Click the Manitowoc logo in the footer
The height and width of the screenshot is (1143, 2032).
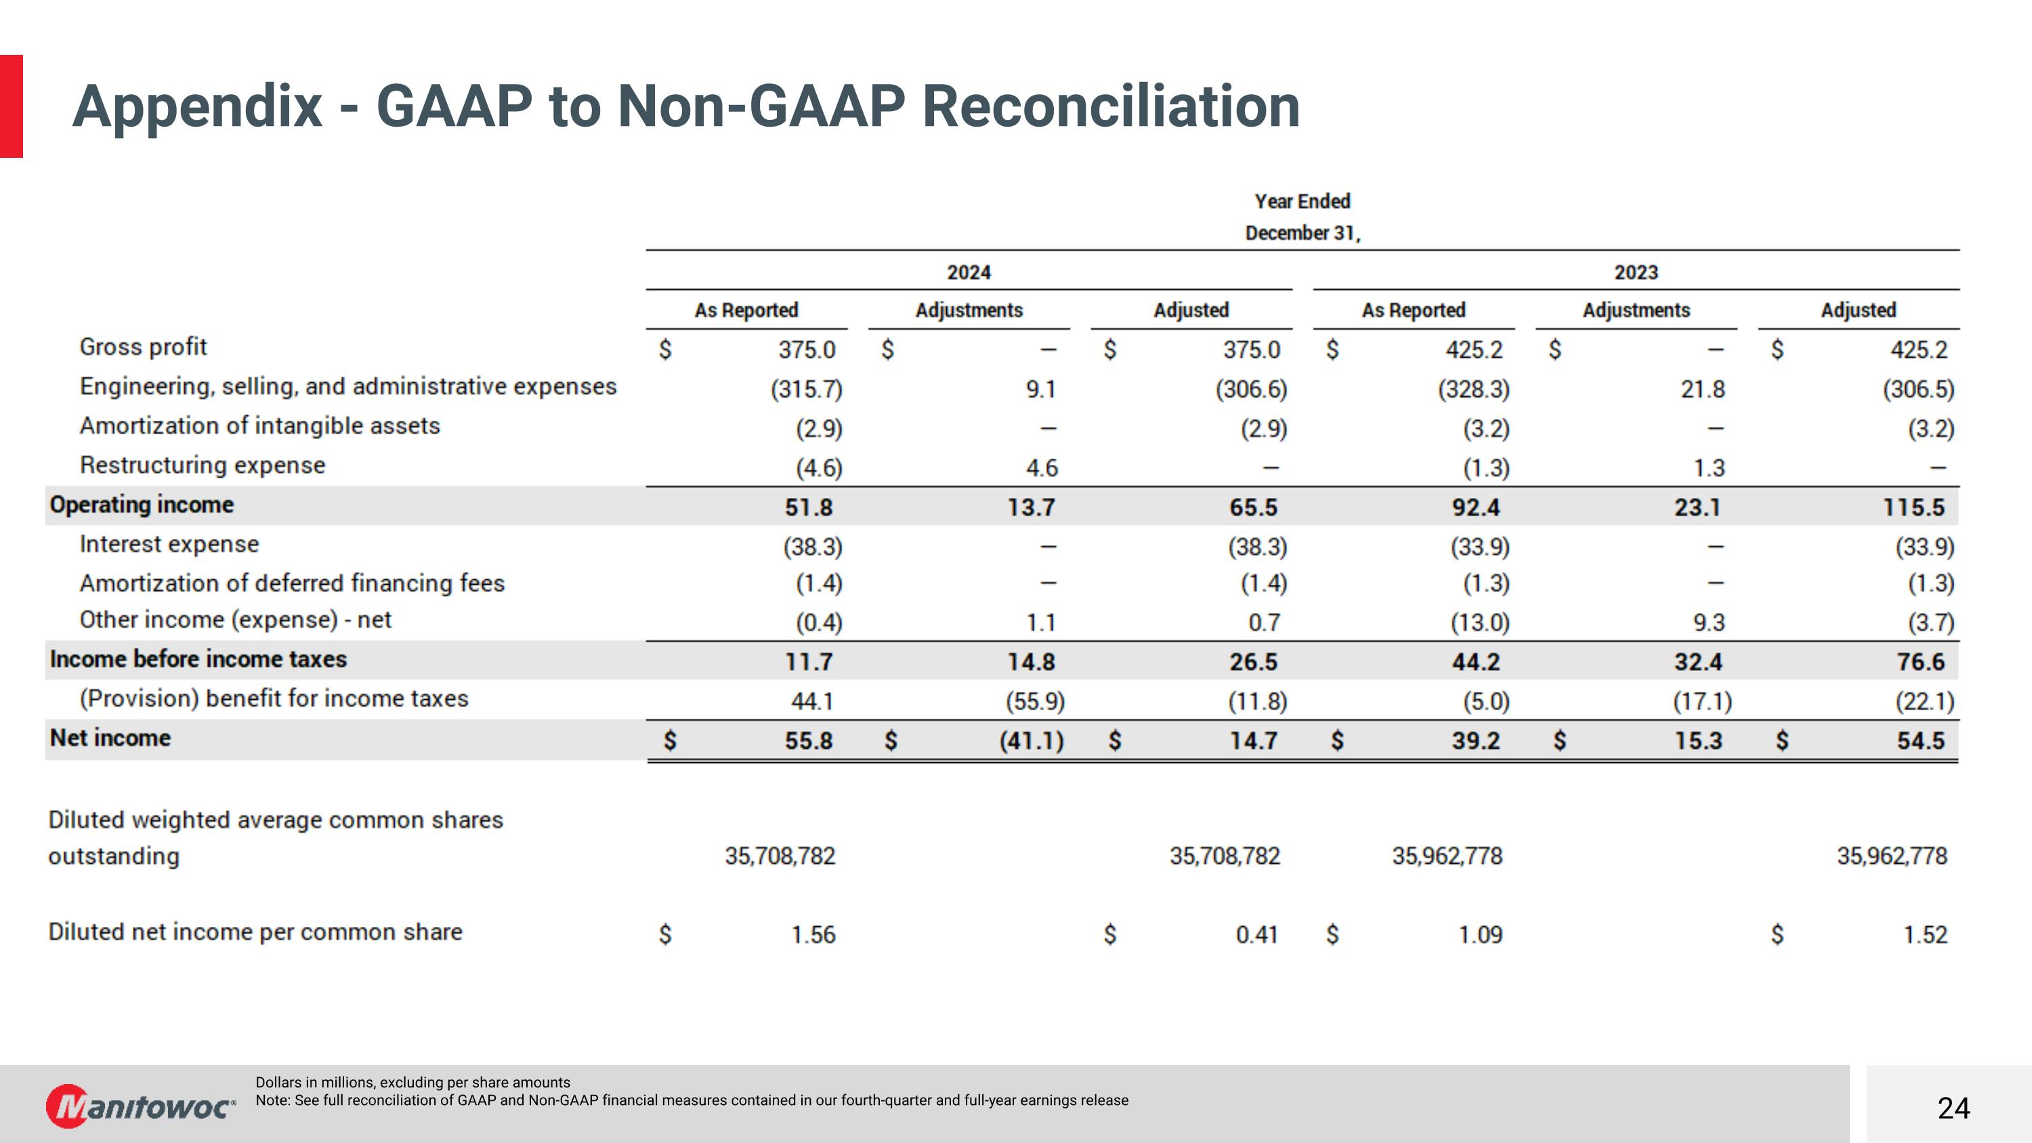pyautogui.click(x=140, y=1106)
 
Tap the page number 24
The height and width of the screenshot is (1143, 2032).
pyautogui.click(x=1953, y=1108)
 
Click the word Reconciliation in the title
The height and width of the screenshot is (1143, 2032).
pyautogui.click(x=1111, y=106)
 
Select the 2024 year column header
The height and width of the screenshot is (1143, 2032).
pyautogui.click(x=969, y=272)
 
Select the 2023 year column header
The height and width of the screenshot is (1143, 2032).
pyautogui.click(x=1636, y=272)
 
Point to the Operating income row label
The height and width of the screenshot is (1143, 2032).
pyautogui.click(x=142, y=505)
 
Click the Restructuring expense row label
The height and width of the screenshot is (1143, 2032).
pyautogui.click(x=202, y=465)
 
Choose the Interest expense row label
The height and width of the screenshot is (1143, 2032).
pyautogui.click(x=169, y=544)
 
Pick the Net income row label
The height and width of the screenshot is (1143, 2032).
pyautogui.click(x=110, y=739)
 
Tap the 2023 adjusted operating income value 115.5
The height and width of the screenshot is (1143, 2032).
pyautogui.click(x=1913, y=507)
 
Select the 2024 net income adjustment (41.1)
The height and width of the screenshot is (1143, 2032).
pyautogui.click(x=1031, y=741)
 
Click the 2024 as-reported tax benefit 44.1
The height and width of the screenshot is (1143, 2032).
pyautogui.click(x=813, y=701)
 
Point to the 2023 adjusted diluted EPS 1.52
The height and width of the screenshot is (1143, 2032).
pyautogui.click(x=1925, y=935)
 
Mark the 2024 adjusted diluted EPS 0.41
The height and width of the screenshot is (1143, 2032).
pyautogui.click(x=1256, y=935)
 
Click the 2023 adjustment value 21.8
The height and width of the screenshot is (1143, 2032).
pyautogui.click(x=1702, y=389)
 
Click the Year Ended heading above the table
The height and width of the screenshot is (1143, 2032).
pyautogui.click(x=1303, y=202)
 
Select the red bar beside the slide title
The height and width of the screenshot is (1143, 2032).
pyautogui.click(x=11, y=106)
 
